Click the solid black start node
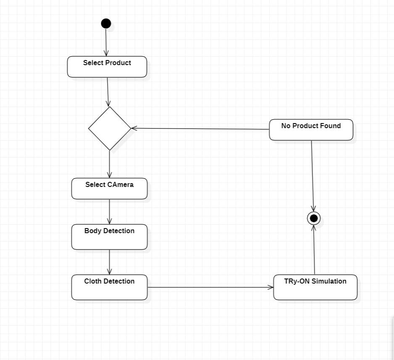106,24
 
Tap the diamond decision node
110,128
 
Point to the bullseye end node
314,218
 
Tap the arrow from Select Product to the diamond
108,92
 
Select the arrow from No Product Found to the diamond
200,129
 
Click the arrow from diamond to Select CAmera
109,164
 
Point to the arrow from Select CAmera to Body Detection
109,211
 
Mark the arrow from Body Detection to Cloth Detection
109,262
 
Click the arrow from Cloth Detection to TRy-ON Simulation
210,287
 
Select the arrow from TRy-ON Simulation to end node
314,250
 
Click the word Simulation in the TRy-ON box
329,281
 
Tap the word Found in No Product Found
331,126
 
